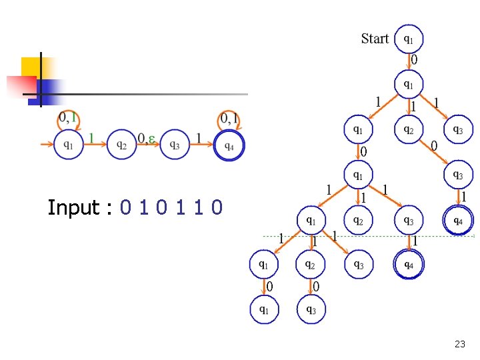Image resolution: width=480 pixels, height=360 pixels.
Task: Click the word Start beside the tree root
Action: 375,39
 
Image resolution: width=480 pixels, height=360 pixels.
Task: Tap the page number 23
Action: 459,345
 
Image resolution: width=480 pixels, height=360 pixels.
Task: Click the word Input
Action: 73,208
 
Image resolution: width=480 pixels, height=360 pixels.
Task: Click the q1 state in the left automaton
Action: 68,145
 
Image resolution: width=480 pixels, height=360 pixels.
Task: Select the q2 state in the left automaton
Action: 121,145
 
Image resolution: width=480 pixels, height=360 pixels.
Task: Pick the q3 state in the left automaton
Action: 174,145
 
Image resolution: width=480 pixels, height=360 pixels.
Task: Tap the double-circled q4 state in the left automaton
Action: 229,145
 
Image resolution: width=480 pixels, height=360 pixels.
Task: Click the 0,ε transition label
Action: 147,139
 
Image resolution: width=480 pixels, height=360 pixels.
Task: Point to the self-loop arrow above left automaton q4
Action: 229,119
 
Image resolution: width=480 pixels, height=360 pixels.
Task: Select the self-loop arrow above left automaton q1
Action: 68,119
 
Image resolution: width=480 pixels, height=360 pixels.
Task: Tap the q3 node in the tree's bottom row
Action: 311,309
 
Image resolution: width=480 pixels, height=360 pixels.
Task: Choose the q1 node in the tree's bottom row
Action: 265,309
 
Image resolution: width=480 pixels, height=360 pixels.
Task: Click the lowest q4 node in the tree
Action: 408,264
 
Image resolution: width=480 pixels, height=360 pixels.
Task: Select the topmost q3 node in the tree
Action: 458,130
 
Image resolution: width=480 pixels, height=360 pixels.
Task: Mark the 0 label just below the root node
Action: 414,60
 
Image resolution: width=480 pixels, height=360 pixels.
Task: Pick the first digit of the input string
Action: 126,208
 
